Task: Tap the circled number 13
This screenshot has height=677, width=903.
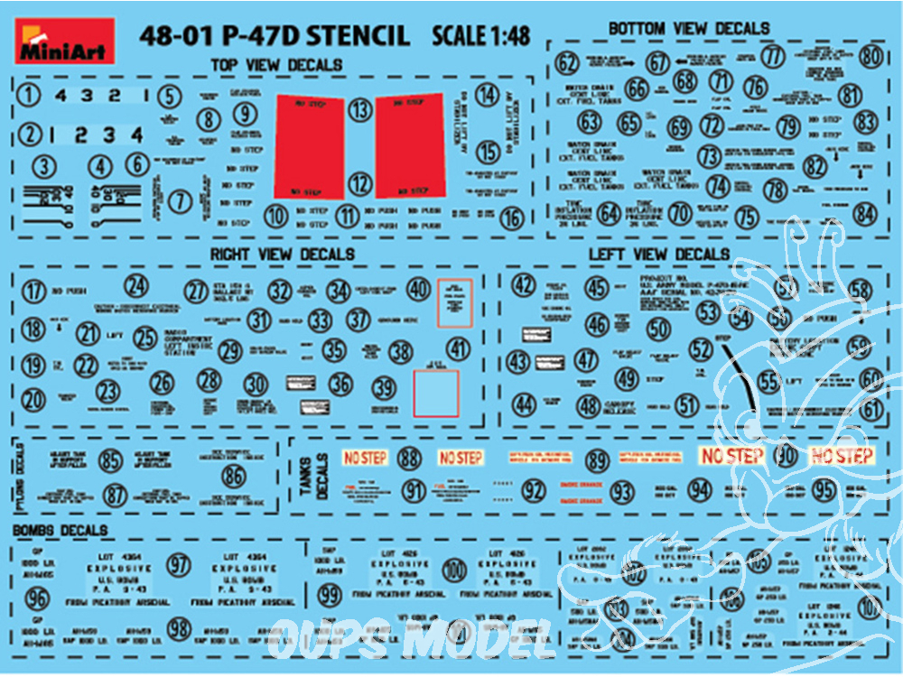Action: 361,110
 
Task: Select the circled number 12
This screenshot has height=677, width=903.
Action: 361,184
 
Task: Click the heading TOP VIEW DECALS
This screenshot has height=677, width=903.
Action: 275,66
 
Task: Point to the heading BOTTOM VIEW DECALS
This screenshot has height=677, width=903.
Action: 689,29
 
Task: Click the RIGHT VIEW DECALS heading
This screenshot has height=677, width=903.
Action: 283,254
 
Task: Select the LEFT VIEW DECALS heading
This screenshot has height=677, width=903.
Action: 658,255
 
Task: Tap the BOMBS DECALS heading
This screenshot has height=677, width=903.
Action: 61,531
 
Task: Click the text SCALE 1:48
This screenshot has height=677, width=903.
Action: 480,37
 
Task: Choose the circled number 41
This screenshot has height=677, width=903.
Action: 460,349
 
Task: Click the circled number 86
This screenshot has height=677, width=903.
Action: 234,475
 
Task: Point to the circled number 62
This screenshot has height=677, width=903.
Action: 567,63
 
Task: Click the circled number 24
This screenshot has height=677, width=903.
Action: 136,287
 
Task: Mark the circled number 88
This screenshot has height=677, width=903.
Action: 410,459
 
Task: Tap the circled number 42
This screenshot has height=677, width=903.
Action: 524,286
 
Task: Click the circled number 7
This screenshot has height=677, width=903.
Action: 181,202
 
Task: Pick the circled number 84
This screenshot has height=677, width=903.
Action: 865,214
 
